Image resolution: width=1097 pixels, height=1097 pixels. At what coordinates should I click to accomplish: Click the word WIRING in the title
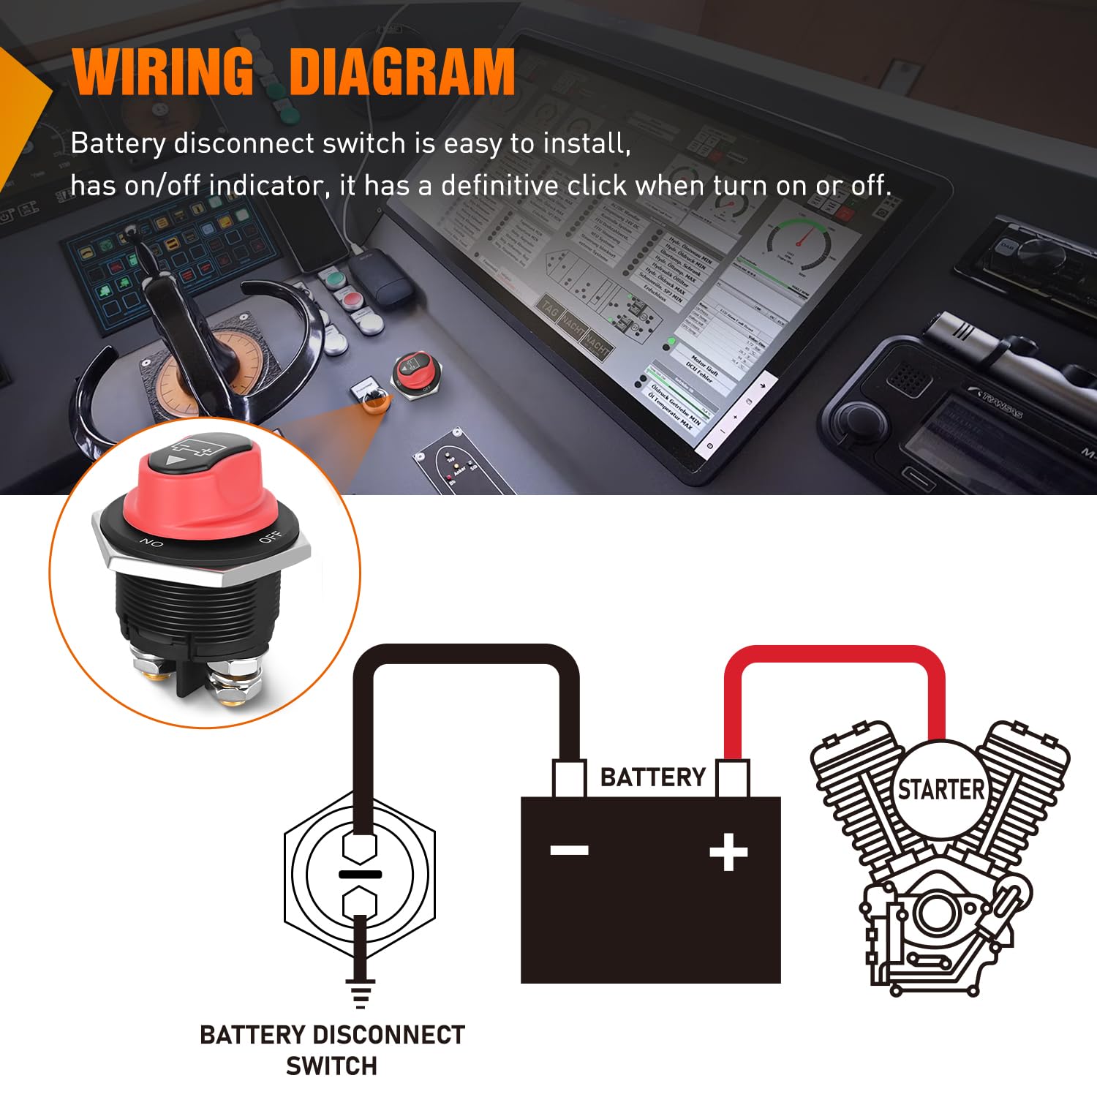tap(162, 72)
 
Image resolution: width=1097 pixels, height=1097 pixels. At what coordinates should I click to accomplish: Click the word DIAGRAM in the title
tap(402, 72)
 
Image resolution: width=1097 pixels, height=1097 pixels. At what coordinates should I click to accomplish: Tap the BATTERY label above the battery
tap(652, 777)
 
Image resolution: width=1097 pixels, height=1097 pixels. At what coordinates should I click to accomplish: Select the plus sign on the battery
tap(728, 852)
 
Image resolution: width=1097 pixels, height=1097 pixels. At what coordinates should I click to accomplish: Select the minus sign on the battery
tap(569, 850)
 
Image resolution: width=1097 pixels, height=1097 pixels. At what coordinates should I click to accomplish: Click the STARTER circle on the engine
tap(941, 790)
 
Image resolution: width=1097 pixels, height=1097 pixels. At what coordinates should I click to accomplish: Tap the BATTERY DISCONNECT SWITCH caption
tap(332, 1050)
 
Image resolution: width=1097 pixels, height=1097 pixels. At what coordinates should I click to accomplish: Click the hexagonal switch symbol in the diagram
tap(360, 874)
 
